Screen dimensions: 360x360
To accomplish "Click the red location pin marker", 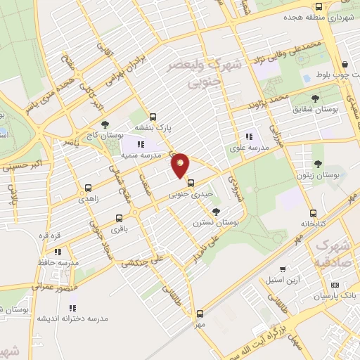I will pos(181,165).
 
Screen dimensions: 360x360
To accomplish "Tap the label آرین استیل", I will pos(283,279).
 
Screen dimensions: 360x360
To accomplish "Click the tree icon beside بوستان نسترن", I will pos(216,210).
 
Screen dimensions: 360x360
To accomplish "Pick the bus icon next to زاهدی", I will pos(88,188).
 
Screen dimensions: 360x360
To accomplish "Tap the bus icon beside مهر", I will pos(200,314).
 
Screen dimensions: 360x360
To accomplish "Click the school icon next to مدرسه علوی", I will pos(247,136).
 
